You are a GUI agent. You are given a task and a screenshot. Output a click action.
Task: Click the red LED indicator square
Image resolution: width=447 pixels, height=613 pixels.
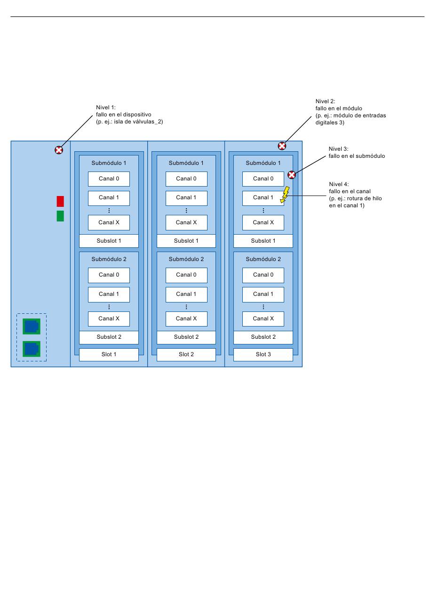pos(60,201)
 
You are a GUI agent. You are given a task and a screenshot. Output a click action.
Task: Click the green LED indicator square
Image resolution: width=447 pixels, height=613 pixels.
pos(60,216)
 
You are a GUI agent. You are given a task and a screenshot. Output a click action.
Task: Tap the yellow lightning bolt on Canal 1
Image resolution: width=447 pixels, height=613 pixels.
pos(285,195)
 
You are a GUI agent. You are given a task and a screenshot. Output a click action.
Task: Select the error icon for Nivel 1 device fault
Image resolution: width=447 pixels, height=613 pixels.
pos(59,150)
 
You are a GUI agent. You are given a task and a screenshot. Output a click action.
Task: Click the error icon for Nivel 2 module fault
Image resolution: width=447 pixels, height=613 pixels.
pos(282,146)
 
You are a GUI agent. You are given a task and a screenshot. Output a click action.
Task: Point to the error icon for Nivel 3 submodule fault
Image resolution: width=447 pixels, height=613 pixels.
pos(292,175)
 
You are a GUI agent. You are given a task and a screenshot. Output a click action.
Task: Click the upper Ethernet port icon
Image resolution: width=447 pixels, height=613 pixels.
pos(32,326)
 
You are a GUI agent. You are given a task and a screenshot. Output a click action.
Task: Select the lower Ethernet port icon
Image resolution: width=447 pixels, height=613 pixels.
pos(32,349)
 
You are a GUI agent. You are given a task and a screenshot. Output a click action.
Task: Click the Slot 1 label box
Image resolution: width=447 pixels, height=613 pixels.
pos(109,355)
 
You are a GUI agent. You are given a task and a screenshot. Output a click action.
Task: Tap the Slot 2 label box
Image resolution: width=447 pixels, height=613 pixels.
pos(186,355)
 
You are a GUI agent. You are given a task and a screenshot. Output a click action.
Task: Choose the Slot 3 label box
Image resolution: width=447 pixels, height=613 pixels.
pos(263,355)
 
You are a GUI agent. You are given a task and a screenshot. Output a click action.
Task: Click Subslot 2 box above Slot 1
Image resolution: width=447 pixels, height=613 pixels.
pos(109,337)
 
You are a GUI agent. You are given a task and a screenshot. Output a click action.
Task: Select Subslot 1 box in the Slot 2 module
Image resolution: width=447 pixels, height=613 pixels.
pos(186,241)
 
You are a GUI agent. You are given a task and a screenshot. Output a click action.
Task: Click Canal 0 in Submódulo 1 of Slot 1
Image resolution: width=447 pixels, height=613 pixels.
pos(109,179)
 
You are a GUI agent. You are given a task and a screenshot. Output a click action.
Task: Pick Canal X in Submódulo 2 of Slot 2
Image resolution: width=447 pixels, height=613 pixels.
pos(186,319)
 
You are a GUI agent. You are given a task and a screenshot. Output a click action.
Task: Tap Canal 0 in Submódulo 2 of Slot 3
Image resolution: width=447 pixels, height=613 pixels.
pos(263,275)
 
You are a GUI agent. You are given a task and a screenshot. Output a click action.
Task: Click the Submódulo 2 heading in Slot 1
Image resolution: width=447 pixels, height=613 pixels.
pos(109,259)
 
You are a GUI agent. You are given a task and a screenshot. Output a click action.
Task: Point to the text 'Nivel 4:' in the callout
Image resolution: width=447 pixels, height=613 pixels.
pos(339,184)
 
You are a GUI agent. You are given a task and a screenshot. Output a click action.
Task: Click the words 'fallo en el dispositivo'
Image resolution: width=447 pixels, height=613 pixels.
pos(123,114)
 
